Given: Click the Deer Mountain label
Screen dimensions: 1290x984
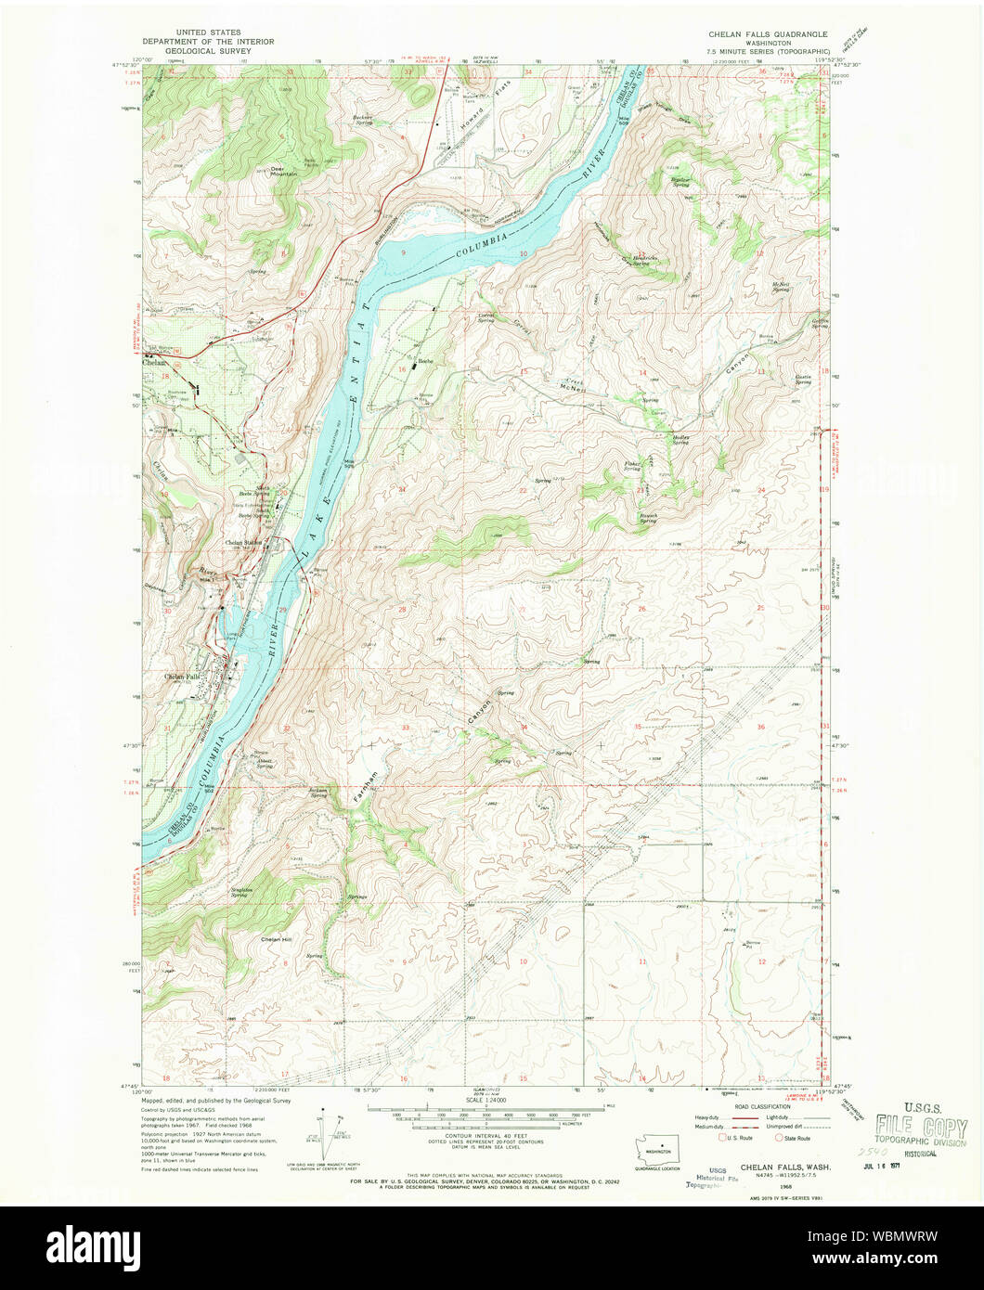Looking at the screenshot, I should (283, 171).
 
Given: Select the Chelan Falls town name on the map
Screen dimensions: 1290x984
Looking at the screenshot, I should (182, 677).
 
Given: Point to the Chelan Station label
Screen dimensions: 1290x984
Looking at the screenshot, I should (244, 543).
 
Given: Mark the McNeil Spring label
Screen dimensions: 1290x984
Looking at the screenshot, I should (781, 288).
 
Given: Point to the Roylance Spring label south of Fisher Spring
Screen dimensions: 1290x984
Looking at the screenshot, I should (647, 519).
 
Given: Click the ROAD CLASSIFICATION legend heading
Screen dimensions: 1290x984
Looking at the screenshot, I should (754, 1107).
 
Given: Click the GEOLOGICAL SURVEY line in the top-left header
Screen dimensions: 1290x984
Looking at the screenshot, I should (197, 53).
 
